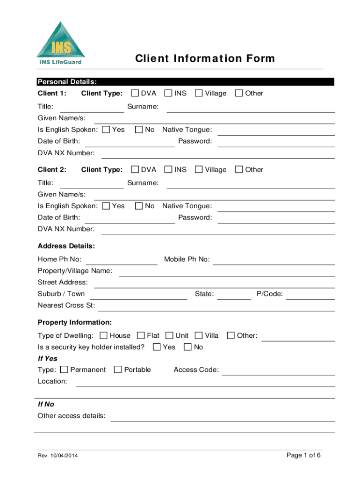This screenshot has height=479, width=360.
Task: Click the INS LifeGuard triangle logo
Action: click(x=61, y=43)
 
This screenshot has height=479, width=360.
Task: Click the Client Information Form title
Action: click(x=205, y=58)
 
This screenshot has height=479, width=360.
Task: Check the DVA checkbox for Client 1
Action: click(x=135, y=93)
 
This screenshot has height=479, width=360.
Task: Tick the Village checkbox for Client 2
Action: click(x=199, y=169)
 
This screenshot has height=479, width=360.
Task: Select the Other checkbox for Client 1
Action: click(x=239, y=93)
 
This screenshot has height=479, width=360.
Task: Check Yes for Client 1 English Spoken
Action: click(x=106, y=130)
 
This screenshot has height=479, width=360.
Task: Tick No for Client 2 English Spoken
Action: click(x=139, y=206)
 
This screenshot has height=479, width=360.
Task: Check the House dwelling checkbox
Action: click(x=104, y=335)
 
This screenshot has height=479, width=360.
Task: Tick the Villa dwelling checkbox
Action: click(x=199, y=335)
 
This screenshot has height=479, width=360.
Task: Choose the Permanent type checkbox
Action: click(x=65, y=370)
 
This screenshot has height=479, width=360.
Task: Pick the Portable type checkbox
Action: click(x=118, y=370)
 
